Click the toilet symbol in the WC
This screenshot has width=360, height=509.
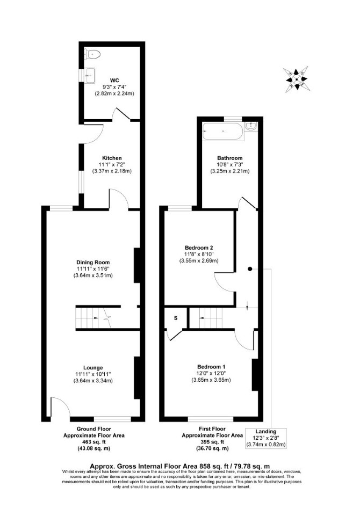92,54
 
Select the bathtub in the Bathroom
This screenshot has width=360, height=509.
223,132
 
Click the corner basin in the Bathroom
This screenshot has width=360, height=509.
251,127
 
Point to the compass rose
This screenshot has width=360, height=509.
296,79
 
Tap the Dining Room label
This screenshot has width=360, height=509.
93,263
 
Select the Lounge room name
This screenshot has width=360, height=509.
93,367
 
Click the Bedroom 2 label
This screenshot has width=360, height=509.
199,248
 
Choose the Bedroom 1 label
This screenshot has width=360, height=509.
211,367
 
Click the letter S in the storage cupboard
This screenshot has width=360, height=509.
176,318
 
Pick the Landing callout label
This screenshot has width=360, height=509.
266,432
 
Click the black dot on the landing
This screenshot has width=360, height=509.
249,269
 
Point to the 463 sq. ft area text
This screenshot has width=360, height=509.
94,442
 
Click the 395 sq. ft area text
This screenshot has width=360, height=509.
212,442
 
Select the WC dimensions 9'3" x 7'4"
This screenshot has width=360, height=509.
114,86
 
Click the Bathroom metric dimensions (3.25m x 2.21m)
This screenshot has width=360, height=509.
230,171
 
